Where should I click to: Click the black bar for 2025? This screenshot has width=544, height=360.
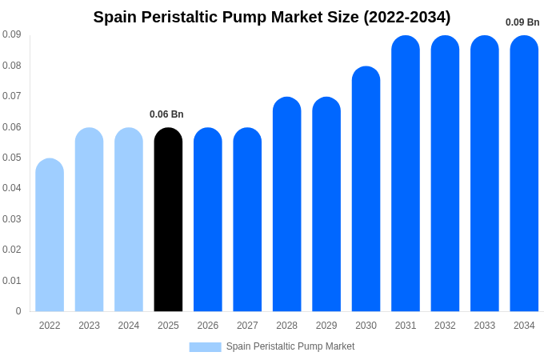[168, 220]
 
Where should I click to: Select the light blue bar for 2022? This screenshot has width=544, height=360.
[50, 235]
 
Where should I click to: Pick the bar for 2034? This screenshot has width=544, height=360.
[524, 174]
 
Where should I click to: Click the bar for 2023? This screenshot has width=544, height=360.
[89, 220]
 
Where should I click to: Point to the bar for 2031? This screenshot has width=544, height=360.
[406, 174]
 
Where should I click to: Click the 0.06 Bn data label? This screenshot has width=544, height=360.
[166, 114]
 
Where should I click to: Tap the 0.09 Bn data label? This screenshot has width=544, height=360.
[522, 22]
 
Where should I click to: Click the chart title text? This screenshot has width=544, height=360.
[272, 17]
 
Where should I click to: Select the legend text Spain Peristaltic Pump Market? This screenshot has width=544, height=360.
[290, 346]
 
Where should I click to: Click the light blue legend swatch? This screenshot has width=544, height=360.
[205, 346]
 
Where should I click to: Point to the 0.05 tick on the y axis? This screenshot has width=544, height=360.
[12, 158]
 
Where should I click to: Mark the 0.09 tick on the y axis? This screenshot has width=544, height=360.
[12, 34]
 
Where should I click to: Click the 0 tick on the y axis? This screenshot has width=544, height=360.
[18, 311]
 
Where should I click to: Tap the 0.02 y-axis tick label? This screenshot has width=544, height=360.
[12, 250]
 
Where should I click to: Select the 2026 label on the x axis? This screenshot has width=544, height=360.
[208, 326]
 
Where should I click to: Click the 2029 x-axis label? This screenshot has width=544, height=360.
[326, 326]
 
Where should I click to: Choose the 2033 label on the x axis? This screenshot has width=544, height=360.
[485, 326]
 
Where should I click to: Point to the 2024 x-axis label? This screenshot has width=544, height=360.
[129, 326]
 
